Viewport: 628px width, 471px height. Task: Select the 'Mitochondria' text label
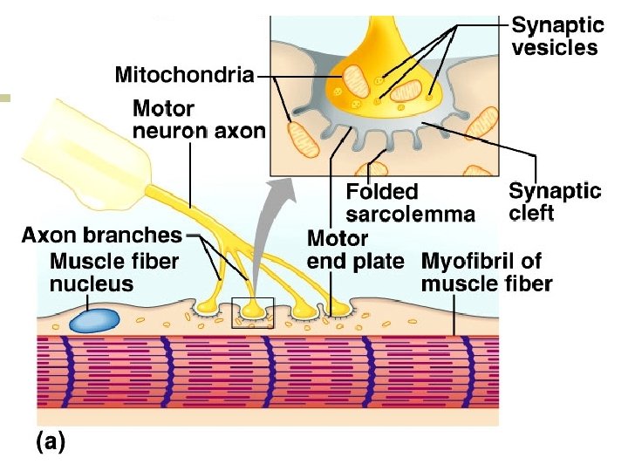pos(184,76)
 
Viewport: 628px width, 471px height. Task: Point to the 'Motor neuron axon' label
pos(199,120)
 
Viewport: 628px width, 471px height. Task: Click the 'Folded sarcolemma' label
pos(410,202)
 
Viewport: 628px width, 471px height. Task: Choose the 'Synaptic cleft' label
pos(555,201)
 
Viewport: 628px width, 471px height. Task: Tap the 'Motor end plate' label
pos(356,249)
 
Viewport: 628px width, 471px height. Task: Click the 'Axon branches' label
pos(102,235)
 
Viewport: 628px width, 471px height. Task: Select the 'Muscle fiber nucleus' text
pos(114,272)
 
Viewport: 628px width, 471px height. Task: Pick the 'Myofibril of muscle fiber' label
pos(486,272)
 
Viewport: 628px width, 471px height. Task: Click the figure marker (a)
pos(49,442)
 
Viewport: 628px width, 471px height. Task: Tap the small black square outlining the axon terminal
pos(253,312)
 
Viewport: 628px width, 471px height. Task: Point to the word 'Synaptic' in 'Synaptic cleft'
pos(555,190)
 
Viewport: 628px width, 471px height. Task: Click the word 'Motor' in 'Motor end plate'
pos(338,238)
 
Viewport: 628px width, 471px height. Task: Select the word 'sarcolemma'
pos(410,214)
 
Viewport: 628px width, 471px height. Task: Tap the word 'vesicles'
pos(555,47)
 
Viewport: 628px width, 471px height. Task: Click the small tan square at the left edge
pos(5,99)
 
